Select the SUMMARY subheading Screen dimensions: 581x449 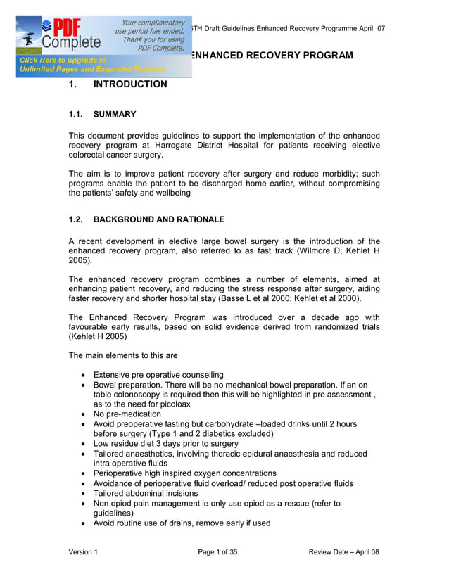(115, 114)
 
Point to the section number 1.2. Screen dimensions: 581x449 (76, 219)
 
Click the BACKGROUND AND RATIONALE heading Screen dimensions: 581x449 (159, 219)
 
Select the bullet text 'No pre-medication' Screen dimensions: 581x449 (127, 414)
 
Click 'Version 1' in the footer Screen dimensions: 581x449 (83, 552)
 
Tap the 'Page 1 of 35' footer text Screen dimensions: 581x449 (217, 552)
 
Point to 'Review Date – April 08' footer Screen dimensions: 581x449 (343, 552)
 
